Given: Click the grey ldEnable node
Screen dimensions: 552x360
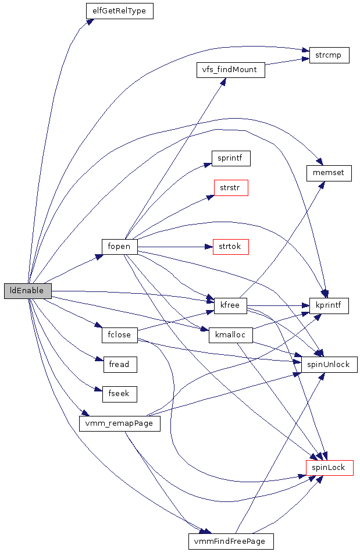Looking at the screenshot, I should pyautogui.click(x=27, y=291).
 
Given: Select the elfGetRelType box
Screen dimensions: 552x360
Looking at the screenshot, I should pyautogui.click(x=119, y=11).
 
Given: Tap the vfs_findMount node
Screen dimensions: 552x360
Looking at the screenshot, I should pyautogui.click(x=230, y=70).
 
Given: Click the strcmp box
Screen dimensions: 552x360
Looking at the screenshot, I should pyautogui.click(x=329, y=55).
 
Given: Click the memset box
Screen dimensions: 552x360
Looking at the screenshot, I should pyautogui.click(x=329, y=173).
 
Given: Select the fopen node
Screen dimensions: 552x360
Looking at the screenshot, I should pyautogui.click(x=119, y=247).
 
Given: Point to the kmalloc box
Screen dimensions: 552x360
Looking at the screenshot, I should pyautogui.click(x=230, y=334).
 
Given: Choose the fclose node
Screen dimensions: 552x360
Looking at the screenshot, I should pyautogui.click(x=119, y=335).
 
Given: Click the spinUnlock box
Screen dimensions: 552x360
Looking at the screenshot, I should pyautogui.click(x=329, y=364).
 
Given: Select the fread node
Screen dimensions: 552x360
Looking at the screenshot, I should pyautogui.click(x=119, y=365).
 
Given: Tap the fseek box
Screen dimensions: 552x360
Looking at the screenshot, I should pyautogui.click(x=119, y=394).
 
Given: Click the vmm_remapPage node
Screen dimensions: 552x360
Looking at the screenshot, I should pyautogui.click(x=119, y=423).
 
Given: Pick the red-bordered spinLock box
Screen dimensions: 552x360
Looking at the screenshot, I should pyautogui.click(x=329, y=467).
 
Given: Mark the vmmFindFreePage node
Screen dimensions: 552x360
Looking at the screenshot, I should pyautogui.click(x=230, y=541).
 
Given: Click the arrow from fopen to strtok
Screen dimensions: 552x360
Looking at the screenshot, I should pyautogui.click(x=174, y=247).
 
